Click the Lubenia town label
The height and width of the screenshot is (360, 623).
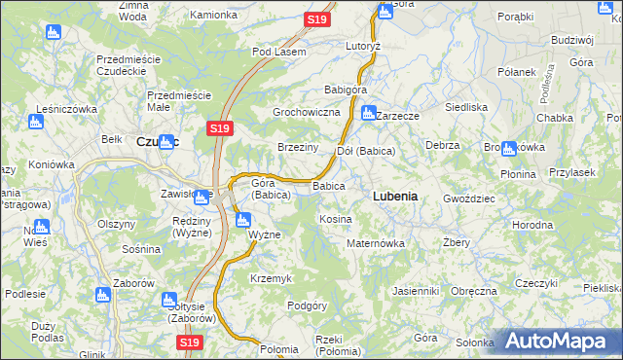click(395, 196)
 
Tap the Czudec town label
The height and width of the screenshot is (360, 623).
click(157, 141)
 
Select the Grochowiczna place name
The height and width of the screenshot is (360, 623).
click(306, 113)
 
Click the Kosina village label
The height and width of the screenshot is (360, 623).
click(335, 220)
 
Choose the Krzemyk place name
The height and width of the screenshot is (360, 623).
click(271, 278)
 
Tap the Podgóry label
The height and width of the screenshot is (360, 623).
click(307, 306)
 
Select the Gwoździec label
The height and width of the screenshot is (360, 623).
click(469, 198)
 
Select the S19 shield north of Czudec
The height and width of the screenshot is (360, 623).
click(219, 127)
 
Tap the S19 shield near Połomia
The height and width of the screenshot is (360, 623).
click(190, 342)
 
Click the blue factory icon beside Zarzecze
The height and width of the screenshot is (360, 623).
click(368, 113)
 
